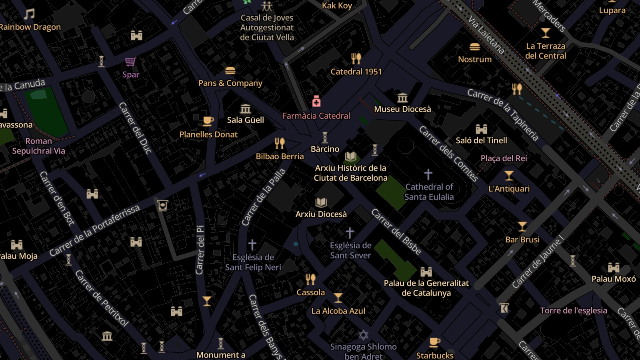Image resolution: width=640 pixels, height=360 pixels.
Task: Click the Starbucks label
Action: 435,355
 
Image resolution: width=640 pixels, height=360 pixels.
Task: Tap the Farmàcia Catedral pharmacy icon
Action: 316,101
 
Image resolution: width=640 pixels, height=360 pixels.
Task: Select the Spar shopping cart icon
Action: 130,62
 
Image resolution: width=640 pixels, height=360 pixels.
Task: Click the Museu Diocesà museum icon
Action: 402,97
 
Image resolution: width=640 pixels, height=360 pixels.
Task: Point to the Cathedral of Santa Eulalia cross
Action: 428,174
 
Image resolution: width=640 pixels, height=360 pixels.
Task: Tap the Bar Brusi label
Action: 522,240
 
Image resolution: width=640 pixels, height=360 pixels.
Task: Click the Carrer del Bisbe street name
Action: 396,232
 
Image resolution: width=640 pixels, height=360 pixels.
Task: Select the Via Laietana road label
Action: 486,35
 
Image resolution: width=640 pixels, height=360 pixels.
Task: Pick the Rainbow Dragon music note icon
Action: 29,14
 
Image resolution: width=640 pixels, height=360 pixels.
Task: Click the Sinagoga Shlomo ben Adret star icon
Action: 363,335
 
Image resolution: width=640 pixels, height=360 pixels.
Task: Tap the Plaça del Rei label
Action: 504,158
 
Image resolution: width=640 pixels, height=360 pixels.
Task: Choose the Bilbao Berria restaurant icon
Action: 280,143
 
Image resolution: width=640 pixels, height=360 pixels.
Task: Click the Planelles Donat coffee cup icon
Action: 208,121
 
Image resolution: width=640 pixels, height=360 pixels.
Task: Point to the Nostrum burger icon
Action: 475,47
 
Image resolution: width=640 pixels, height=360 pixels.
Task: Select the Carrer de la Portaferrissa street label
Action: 94,230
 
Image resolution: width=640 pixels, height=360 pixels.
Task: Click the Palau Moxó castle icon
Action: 614,267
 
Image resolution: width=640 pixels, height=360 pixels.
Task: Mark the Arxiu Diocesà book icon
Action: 321,202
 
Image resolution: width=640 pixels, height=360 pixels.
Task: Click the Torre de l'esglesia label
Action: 573,310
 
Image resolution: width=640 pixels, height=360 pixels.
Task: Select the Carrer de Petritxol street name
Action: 102,298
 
